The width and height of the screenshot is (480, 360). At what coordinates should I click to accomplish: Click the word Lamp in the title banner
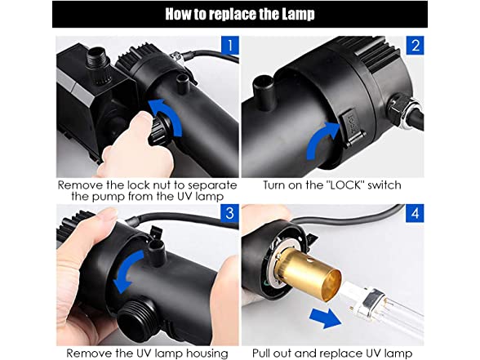pos(298,14)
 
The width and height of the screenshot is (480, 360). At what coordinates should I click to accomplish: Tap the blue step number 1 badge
pos(230,46)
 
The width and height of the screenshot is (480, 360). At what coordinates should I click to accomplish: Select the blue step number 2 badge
pos(415,46)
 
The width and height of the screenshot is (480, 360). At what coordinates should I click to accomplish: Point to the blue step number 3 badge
pos(230,213)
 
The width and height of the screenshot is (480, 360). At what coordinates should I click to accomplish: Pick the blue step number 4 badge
pos(415,213)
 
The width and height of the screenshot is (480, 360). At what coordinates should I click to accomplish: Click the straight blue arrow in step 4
pos(325,318)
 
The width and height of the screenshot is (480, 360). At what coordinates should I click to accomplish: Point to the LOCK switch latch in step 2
pos(352,126)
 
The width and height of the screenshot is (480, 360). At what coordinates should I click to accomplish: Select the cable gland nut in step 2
pos(402,111)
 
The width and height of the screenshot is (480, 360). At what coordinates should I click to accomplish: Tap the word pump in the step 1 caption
pos(109,197)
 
